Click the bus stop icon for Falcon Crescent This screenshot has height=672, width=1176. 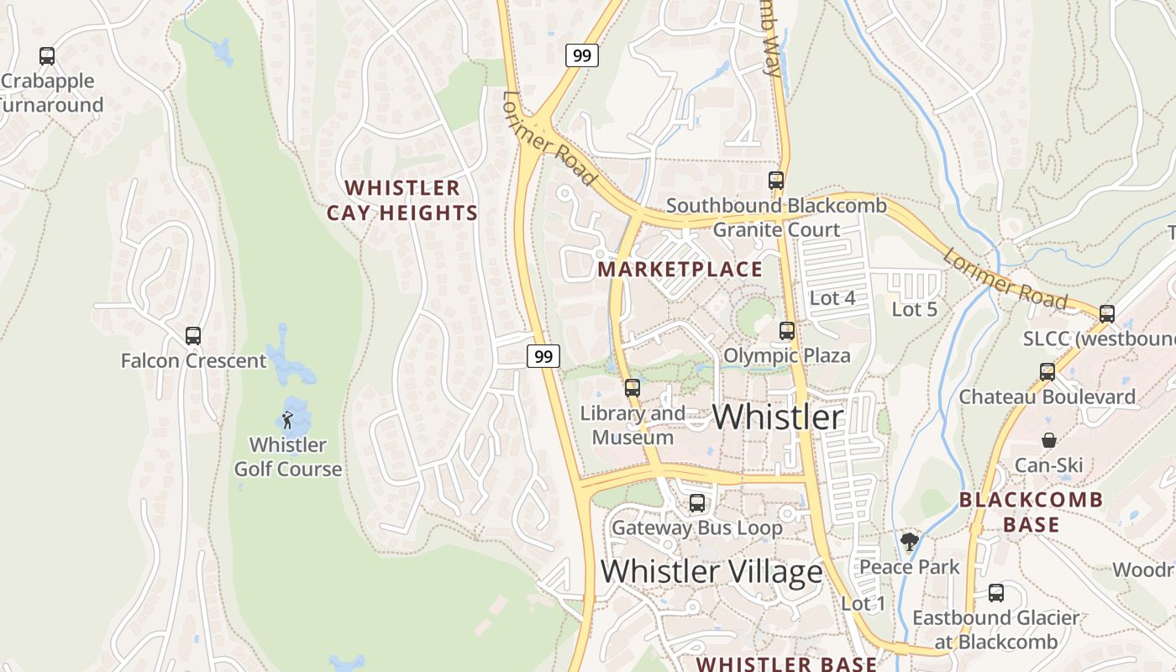tap(193, 336)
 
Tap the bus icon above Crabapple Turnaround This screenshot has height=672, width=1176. tap(47, 56)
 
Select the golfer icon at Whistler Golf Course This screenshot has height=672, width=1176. tap(288, 419)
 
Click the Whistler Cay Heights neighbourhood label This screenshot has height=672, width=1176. tap(402, 200)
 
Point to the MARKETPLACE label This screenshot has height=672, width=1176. tap(680, 270)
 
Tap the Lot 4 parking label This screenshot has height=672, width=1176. tap(832, 297)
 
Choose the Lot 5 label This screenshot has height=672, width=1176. tap(914, 309)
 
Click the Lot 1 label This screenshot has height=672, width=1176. tap(864, 603)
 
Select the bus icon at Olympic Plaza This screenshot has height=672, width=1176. tap(787, 331)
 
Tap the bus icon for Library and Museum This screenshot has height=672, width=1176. tap(633, 388)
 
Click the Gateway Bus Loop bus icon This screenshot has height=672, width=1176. tap(697, 503)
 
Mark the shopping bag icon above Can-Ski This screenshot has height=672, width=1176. tap(1049, 440)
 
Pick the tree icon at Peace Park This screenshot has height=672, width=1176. tap(909, 542)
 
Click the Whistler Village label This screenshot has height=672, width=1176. tap(711, 571)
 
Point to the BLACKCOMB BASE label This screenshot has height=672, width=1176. tap(1032, 512)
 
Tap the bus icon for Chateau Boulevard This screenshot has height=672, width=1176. tap(1047, 371)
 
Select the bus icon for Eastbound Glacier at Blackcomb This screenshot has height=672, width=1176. tap(996, 593)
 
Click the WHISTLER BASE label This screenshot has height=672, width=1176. tap(786, 664)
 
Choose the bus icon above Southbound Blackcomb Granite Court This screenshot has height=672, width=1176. tap(776, 180)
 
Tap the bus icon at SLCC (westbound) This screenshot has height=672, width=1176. tap(1107, 314)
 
